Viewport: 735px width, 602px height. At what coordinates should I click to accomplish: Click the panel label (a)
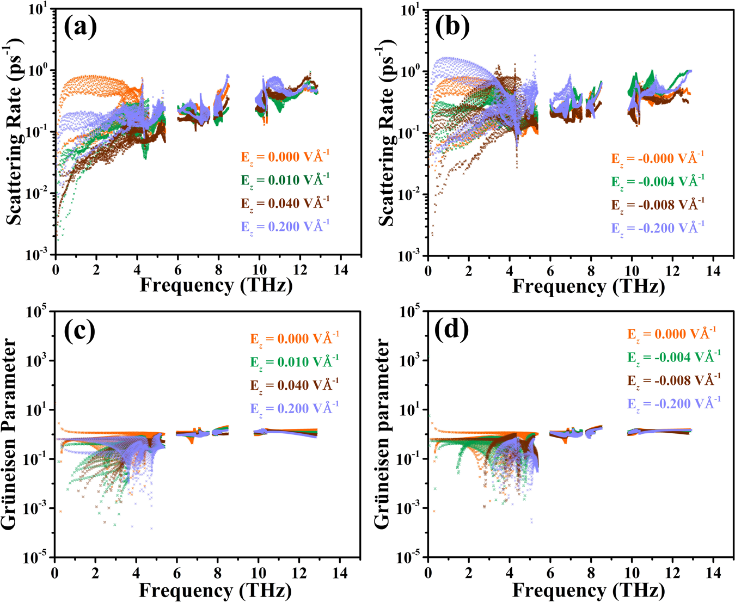(81, 28)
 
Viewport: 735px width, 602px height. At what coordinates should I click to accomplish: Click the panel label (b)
(453, 28)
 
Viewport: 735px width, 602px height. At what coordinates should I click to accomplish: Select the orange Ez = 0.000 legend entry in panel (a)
(285, 157)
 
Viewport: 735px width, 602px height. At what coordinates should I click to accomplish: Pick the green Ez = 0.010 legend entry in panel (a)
(285, 180)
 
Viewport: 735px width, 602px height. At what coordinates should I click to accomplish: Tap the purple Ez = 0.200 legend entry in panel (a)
(285, 226)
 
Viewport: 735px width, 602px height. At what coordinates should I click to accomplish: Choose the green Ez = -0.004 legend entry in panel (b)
(658, 181)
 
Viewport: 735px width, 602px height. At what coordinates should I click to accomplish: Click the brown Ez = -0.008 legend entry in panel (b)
(658, 205)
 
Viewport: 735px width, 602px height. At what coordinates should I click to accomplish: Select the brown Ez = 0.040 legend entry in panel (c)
(295, 385)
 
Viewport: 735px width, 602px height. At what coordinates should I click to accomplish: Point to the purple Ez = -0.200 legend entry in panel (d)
(674, 403)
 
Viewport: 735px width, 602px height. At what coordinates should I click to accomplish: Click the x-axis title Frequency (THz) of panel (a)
(216, 285)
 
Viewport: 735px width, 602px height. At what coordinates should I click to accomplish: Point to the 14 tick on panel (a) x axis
(341, 269)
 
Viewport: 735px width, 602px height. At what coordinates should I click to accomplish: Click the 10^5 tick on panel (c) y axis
(38, 312)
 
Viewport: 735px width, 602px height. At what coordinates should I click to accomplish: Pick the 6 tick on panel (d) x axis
(550, 573)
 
